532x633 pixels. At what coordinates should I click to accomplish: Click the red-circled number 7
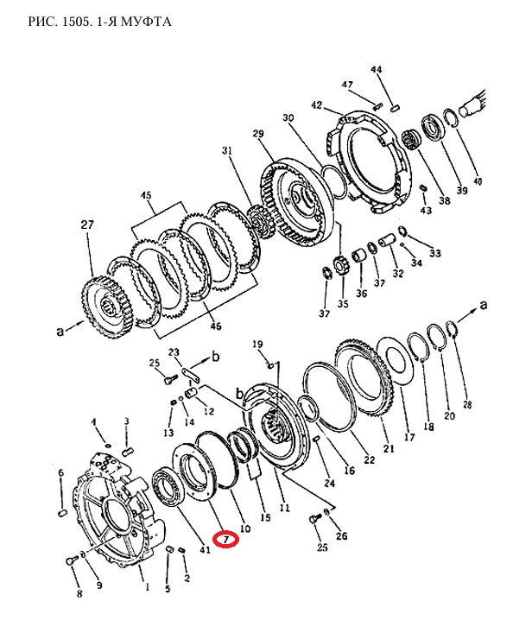click(x=226, y=539)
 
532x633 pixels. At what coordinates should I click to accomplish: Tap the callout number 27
click(x=87, y=225)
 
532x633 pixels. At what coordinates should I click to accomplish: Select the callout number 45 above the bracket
click(x=146, y=196)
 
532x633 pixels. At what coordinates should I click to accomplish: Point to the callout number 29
click(x=258, y=133)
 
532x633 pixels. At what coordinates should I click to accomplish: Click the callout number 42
click(x=316, y=105)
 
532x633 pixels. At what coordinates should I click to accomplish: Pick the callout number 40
click(x=478, y=180)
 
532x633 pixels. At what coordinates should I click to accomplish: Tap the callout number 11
click(x=284, y=508)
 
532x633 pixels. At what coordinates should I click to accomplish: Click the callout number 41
click(x=205, y=549)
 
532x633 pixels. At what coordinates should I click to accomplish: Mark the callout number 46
click(x=216, y=326)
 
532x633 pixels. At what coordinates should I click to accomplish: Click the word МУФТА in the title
click(x=146, y=21)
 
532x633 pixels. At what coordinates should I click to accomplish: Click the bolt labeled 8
click(x=72, y=560)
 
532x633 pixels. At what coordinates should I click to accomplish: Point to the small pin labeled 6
click(x=62, y=513)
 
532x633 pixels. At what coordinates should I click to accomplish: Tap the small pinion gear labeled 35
click(x=342, y=267)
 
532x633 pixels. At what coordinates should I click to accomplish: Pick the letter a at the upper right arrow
click(x=483, y=305)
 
